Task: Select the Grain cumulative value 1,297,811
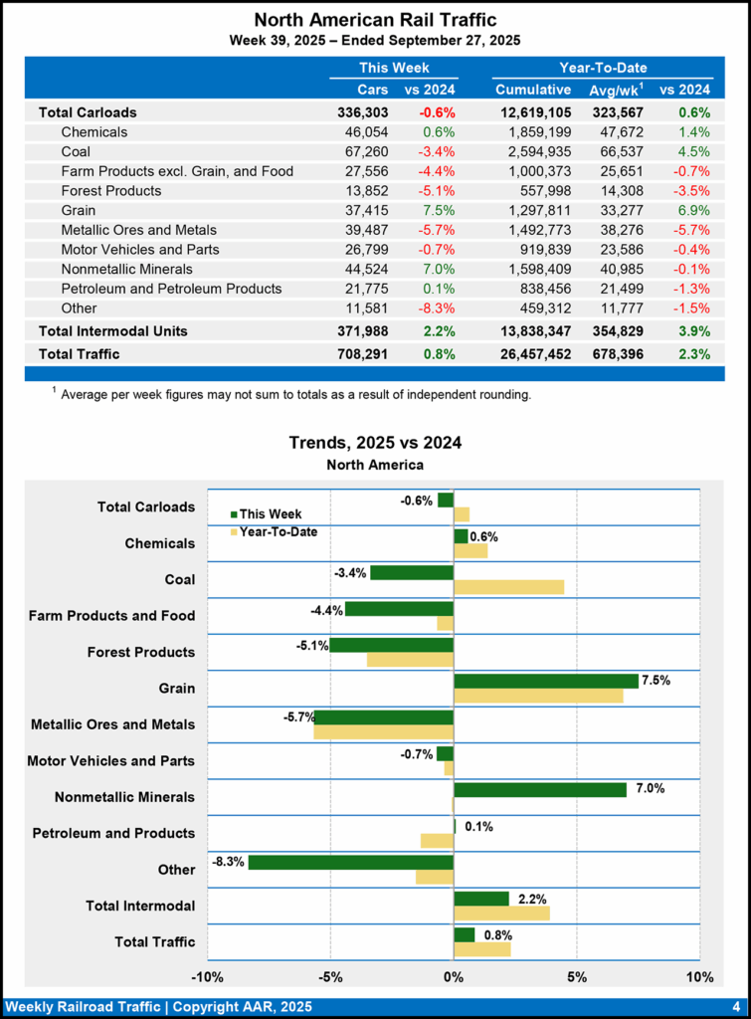click(533, 210)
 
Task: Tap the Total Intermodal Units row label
click(112, 330)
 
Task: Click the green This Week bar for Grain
click(545, 681)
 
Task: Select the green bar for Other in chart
click(350, 862)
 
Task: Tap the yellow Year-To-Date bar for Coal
click(508, 587)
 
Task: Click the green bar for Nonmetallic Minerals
click(539, 789)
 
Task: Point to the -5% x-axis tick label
click(330, 975)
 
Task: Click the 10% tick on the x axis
click(699, 975)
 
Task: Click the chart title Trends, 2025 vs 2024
click(375, 442)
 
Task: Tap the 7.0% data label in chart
click(650, 789)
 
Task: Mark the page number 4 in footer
click(735, 1005)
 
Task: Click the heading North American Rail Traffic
click(375, 20)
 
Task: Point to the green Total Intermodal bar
click(481, 899)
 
